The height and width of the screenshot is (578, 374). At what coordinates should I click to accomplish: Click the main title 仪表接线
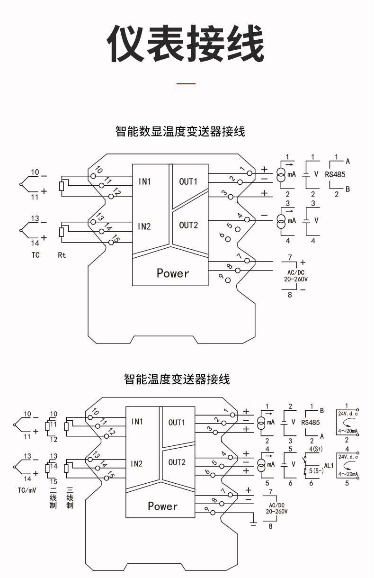[186, 45]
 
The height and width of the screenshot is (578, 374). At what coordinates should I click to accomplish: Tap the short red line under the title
[186, 84]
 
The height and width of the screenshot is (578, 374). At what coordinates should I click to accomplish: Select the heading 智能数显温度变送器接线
[180, 131]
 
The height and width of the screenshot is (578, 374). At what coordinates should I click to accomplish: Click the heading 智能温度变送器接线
[177, 379]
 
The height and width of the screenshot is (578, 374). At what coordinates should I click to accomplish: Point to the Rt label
[62, 255]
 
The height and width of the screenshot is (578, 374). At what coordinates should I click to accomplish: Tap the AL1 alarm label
[329, 466]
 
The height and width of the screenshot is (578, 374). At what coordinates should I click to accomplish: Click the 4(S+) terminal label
[316, 449]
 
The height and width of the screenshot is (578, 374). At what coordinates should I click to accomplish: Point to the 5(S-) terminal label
[316, 471]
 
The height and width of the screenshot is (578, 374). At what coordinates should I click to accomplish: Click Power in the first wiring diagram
[173, 273]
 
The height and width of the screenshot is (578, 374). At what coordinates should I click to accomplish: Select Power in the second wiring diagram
[162, 506]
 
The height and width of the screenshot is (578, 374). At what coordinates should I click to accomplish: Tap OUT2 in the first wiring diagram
[188, 225]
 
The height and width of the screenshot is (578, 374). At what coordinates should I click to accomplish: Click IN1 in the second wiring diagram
[137, 422]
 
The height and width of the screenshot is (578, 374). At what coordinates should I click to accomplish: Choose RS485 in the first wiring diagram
[335, 174]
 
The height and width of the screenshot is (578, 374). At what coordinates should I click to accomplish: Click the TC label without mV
[36, 255]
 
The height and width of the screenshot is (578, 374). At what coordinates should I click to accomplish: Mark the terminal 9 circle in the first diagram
[228, 280]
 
